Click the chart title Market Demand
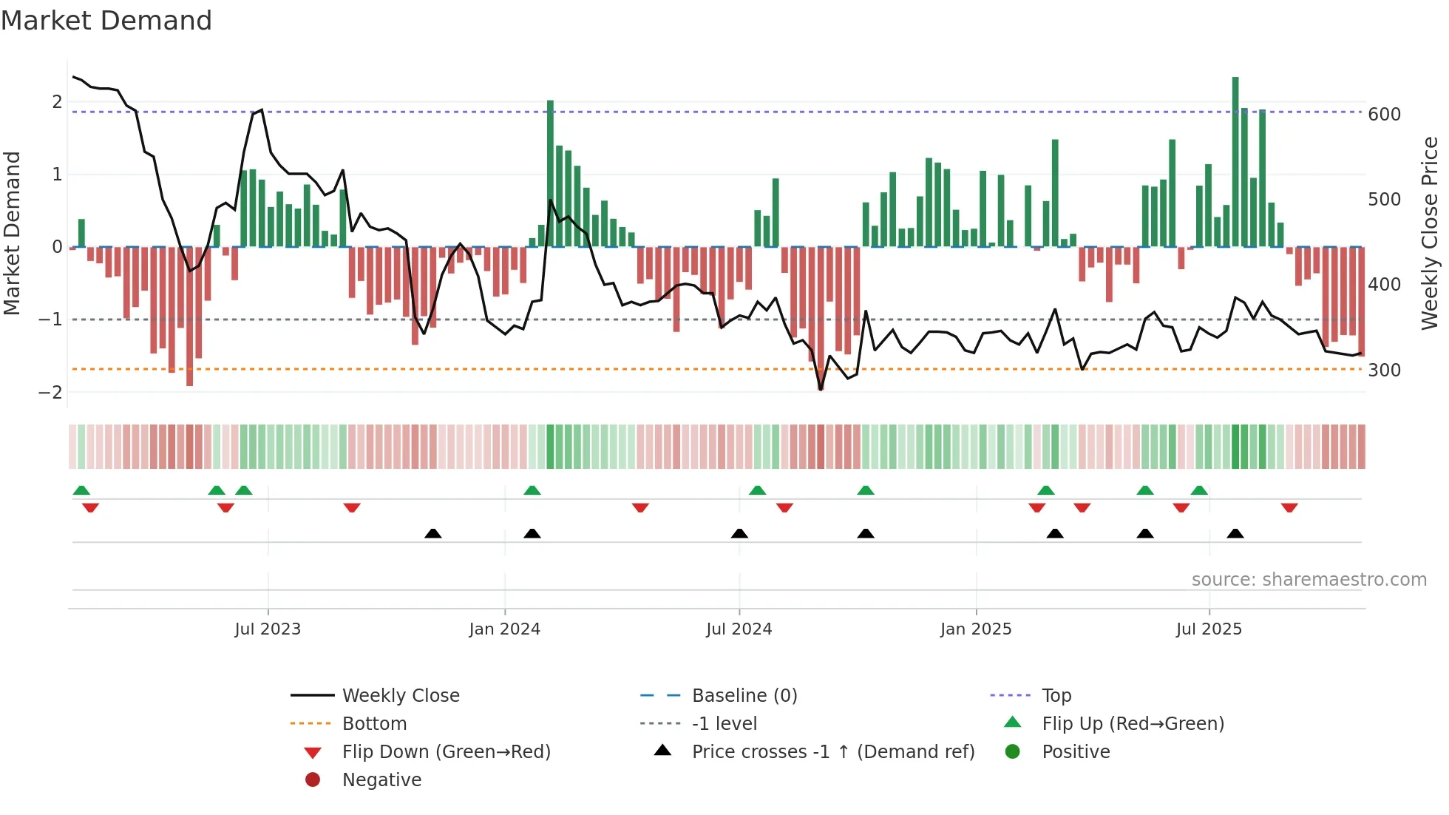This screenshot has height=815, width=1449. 106,21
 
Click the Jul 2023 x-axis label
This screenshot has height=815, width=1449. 268,629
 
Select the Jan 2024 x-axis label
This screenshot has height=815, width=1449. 505,629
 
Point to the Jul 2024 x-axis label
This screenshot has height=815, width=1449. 739,629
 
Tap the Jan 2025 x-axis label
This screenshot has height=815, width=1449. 976,629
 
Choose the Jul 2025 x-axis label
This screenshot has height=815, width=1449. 1209,629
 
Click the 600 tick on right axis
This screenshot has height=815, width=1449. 1384,115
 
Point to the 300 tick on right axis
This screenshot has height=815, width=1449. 1384,371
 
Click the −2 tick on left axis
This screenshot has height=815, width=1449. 51,393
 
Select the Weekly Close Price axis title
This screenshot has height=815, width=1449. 1430,233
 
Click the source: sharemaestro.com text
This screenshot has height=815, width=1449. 1309,580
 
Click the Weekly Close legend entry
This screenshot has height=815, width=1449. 401,696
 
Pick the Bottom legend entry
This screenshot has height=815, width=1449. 374,724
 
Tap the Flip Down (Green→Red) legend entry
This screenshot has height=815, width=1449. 446,752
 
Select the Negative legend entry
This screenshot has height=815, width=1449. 381,780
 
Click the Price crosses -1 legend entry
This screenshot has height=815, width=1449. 833,752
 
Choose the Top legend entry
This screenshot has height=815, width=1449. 1056,696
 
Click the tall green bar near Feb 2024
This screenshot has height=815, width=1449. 550,173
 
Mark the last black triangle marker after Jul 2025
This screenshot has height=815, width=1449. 1235,533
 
